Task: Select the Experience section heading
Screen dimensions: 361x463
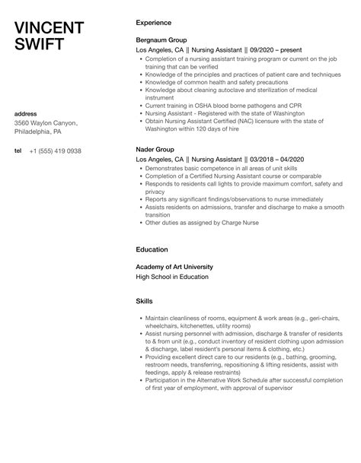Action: pos(153,23)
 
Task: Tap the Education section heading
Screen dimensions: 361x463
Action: pos(152,249)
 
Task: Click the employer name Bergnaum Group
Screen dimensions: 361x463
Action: pos(161,40)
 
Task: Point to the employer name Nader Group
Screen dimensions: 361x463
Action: pos(155,150)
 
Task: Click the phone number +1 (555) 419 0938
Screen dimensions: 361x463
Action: pos(54,151)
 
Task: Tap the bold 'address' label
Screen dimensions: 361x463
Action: pos(26,113)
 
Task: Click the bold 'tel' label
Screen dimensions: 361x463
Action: pos(18,151)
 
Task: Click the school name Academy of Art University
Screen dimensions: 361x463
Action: pos(174,267)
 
